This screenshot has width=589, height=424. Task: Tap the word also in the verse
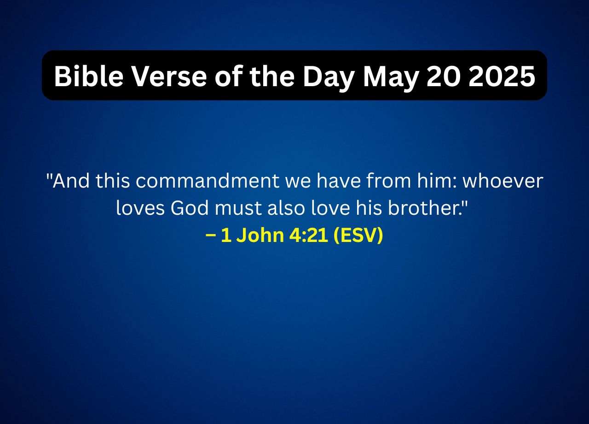tap(285, 208)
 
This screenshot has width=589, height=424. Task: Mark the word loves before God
tap(140, 208)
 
